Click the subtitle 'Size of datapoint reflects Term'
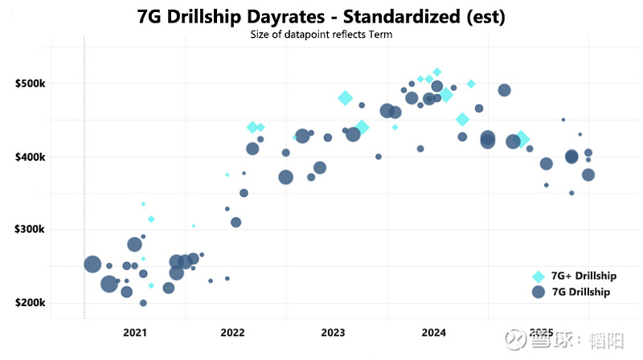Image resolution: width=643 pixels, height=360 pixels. (321, 34)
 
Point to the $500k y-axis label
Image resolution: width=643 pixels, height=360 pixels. (31, 84)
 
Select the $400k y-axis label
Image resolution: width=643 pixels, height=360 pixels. (31, 157)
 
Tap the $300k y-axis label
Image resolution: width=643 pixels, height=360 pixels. (31, 230)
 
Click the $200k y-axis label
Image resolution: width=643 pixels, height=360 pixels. (31, 303)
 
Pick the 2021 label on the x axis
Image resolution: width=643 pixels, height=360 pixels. (134, 332)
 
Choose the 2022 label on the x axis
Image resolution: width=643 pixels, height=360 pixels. (232, 332)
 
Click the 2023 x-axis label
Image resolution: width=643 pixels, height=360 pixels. (333, 332)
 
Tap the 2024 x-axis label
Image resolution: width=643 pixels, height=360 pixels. (433, 332)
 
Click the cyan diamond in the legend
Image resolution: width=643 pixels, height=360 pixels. (539, 276)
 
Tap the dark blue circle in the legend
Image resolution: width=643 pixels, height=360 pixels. (539, 292)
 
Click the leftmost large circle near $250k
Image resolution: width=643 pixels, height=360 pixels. (92, 264)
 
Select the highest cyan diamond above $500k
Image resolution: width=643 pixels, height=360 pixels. (436, 72)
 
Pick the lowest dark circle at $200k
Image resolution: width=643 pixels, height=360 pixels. (143, 303)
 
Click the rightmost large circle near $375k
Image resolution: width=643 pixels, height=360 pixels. (588, 174)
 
